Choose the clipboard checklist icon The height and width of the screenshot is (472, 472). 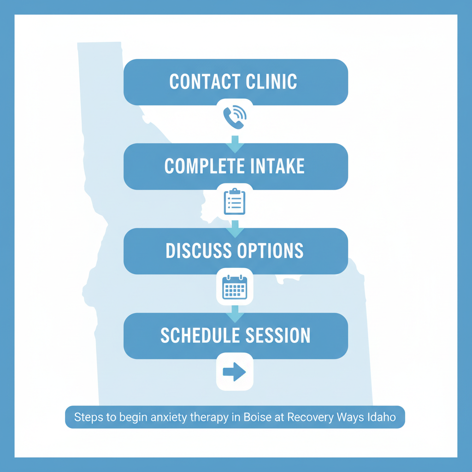235,202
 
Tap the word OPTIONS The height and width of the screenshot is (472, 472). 270,251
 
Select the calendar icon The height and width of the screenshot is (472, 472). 235,287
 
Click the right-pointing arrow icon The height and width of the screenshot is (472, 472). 235,372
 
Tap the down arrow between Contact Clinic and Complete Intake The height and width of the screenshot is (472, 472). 235,143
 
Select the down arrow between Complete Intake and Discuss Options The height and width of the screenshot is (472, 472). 235,228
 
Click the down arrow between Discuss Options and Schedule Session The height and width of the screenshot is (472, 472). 235,313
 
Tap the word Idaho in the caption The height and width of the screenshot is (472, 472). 382,418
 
